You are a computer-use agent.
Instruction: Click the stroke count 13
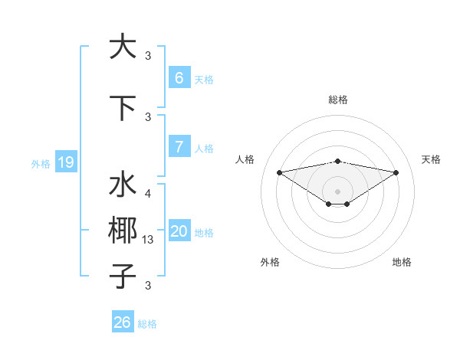[149, 240]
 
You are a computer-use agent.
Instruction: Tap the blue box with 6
[179, 78]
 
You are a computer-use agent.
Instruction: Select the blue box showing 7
[179, 146]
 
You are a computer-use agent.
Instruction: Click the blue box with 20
[179, 231]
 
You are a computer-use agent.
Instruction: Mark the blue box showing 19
[66, 162]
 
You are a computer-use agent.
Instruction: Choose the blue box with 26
[122, 322]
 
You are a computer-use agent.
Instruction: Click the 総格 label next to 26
[147, 324]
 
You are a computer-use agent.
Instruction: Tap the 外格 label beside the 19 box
[41, 163]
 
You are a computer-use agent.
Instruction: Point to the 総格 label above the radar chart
[337, 100]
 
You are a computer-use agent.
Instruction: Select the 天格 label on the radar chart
[432, 159]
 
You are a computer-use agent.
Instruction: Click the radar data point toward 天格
[396, 172]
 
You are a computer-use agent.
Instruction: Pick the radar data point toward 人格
[279, 172]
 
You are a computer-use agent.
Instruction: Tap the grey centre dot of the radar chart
[337, 190]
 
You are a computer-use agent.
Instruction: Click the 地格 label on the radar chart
[402, 262]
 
